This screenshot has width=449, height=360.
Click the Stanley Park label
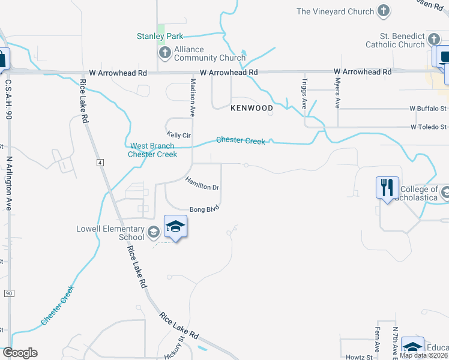click(160, 37)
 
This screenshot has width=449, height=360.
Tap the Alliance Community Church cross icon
click(164, 53)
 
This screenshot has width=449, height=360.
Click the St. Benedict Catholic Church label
click(397, 40)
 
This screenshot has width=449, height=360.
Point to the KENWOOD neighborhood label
click(252, 108)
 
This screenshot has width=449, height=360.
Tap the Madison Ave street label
click(193, 96)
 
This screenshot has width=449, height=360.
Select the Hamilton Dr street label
click(202, 184)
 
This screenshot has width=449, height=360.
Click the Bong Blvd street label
click(205, 209)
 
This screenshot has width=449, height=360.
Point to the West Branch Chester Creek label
click(153, 150)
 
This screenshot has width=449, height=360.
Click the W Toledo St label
click(429, 127)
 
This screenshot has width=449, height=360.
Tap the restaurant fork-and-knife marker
click(387, 188)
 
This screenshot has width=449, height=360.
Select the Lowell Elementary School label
click(110, 233)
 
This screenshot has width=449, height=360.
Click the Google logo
click(20, 353)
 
